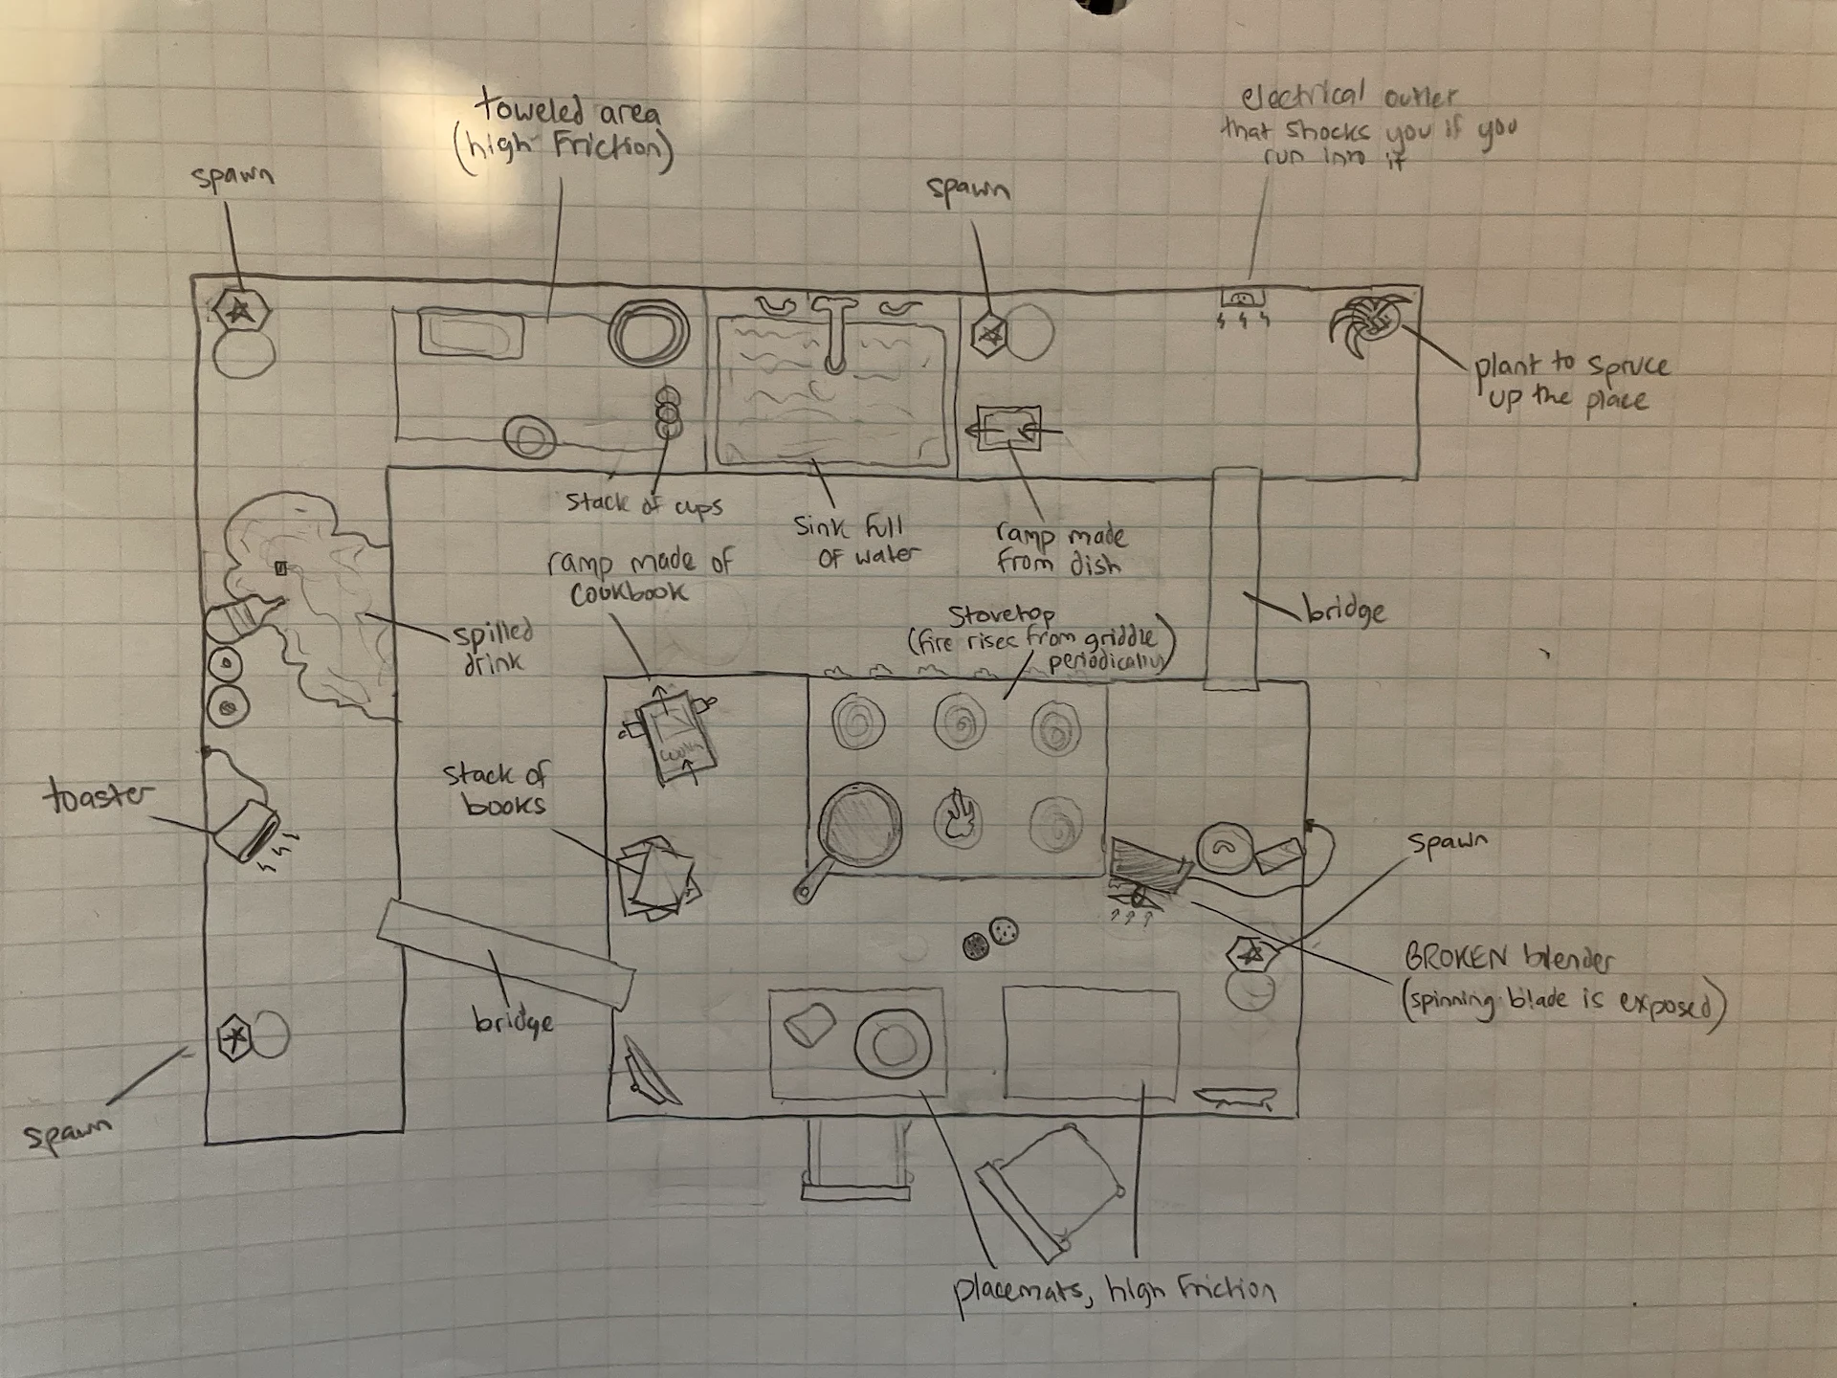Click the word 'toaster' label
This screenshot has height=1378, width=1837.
98,796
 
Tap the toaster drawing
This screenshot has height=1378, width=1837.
245,830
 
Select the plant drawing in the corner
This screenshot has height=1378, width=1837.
1369,326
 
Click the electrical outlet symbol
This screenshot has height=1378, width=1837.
1243,299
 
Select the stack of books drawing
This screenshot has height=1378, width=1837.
657,877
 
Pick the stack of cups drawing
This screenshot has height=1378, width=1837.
668,412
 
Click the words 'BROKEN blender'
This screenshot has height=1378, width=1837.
1508,958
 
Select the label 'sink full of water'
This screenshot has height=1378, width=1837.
855,541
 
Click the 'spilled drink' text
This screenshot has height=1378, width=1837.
493,647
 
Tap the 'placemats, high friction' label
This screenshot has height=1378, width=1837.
1113,1292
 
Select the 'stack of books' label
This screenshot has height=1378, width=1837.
495,789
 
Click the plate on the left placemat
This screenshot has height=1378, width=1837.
892,1043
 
